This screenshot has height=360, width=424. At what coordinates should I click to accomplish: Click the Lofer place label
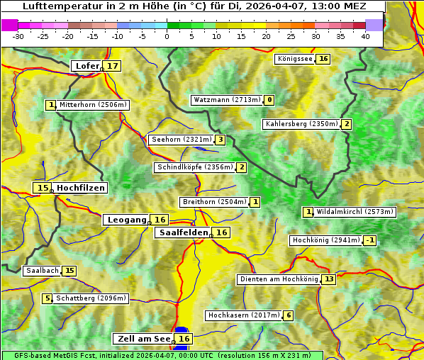(x=87, y=66)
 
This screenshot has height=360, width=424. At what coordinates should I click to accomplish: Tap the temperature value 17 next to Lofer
(x=113, y=66)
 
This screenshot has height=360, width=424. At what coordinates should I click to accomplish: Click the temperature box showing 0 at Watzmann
(x=269, y=100)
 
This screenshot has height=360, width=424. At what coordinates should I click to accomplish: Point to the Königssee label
(x=294, y=59)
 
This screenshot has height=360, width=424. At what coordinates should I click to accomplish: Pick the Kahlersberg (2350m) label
(x=301, y=124)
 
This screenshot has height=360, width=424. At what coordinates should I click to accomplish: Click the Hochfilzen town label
(x=81, y=188)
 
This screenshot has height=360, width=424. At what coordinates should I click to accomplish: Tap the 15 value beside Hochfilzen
(x=43, y=188)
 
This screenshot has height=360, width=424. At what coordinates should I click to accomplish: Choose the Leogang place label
(x=127, y=220)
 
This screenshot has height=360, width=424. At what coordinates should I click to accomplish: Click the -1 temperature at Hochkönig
(x=370, y=240)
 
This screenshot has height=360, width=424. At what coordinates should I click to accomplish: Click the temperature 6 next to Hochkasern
(x=288, y=315)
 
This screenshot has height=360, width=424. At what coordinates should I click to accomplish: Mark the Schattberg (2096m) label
(x=91, y=298)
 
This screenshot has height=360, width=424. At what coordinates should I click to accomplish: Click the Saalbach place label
(x=42, y=271)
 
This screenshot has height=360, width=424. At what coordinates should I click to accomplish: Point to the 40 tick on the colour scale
(x=365, y=36)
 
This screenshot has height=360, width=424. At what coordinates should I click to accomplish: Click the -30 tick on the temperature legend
(x=18, y=36)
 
